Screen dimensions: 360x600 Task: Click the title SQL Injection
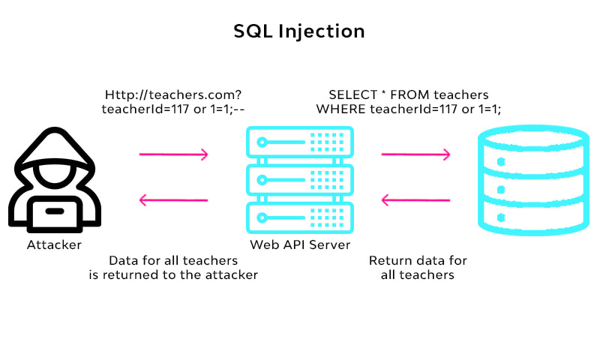click(299, 31)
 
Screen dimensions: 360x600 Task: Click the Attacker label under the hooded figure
click(54, 244)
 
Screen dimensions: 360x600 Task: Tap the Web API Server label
click(299, 244)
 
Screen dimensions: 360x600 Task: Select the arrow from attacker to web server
click(174, 154)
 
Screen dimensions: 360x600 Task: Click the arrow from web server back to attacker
click(174, 200)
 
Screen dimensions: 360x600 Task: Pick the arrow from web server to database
click(416, 154)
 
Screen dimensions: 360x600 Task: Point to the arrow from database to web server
click(416, 200)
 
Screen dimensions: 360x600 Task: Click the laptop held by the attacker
click(54, 212)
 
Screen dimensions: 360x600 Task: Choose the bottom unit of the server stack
click(299, 217)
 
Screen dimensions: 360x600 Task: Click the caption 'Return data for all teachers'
click(418, 268)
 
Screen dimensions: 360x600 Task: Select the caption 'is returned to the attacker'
click(173, 275)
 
